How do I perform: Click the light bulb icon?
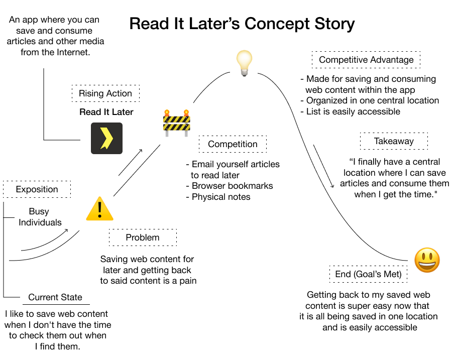coord(244,63)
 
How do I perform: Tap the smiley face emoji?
coord(427,261)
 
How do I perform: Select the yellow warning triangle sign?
coord(99,209)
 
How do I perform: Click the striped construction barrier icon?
coord(176,123)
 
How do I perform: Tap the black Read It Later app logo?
coord(106,138)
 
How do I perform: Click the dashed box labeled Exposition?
coord(37,189)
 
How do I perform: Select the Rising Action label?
coord(105,93)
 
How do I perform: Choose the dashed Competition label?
coord(233,144)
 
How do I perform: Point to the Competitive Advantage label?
coord(366,60)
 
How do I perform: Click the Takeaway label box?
coord(394,141)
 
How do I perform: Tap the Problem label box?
coord(143,237)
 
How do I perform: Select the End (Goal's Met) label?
coord(368,274)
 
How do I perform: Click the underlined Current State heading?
coord(55,297)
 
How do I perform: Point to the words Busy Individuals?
coord(40,217)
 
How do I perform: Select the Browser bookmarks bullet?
coord(232,186)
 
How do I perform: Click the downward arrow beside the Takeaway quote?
coord(324,167)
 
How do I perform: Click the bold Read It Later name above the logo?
coord(106,112)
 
